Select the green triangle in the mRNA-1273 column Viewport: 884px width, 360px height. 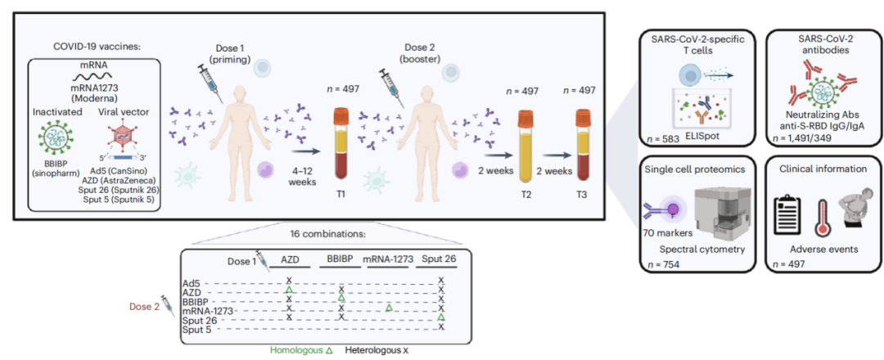click(390, 308)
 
